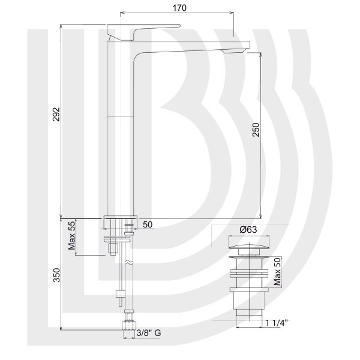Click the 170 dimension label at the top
click(179, 8)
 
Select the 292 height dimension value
click(56, 114)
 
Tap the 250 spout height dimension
click(256, 130)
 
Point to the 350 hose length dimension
click(56, 275)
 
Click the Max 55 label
click(72, 235)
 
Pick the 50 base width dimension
click(148, 224)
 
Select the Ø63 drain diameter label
click(248, 229)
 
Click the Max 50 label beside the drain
click(277, 272)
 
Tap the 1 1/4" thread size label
click(277, 323)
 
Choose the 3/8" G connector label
click(149, 332)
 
